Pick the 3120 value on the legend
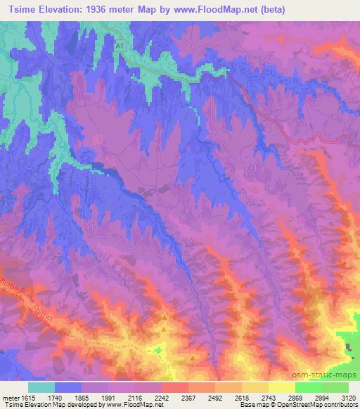tap(349, 397)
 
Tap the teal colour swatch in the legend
tap(41, 387)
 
